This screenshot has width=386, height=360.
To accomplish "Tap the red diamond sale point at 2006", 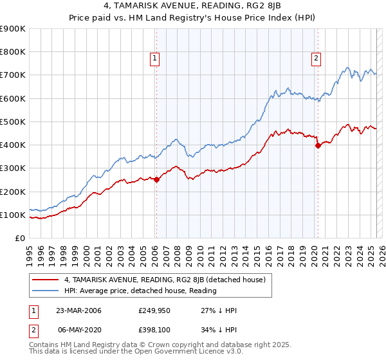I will click(156, 180).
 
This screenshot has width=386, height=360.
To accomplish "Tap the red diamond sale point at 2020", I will click(317, 146).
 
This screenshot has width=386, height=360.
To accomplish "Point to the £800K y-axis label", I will click(12, 52).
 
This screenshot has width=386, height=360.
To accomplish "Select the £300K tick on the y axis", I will click(12, 168).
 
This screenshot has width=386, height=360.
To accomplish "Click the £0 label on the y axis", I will click(19, 239).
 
